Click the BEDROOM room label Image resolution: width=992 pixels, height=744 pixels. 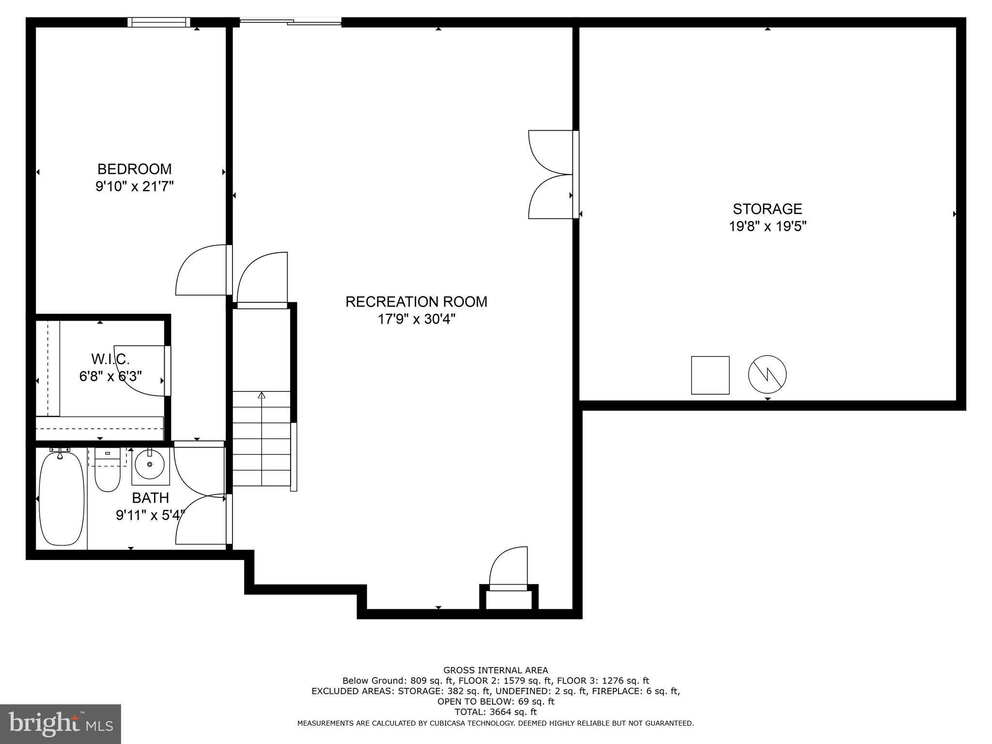pos(134,169)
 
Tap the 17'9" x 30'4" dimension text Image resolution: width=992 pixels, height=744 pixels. pos(416,319)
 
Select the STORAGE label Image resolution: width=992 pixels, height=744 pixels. pos(767,209)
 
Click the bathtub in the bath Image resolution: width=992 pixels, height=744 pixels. pos(62,499)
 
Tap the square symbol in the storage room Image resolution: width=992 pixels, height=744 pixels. pos(710,375)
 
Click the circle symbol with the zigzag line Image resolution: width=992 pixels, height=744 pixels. pos(767,375)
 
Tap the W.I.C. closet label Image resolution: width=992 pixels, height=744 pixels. pos(110,359)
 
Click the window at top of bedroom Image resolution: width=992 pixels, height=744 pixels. pos(158,22)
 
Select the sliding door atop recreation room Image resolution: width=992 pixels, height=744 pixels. pos(291,22)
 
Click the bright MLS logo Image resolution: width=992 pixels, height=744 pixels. pos(60,724)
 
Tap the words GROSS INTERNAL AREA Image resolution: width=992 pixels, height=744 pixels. pos(496,670)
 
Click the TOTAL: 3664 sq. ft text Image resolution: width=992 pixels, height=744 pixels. pos(496,712)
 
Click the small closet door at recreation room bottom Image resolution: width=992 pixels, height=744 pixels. pos(508,569)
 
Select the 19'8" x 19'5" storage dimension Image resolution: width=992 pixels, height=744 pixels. pos(767,226)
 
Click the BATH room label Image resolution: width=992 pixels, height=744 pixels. pos(150,498)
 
